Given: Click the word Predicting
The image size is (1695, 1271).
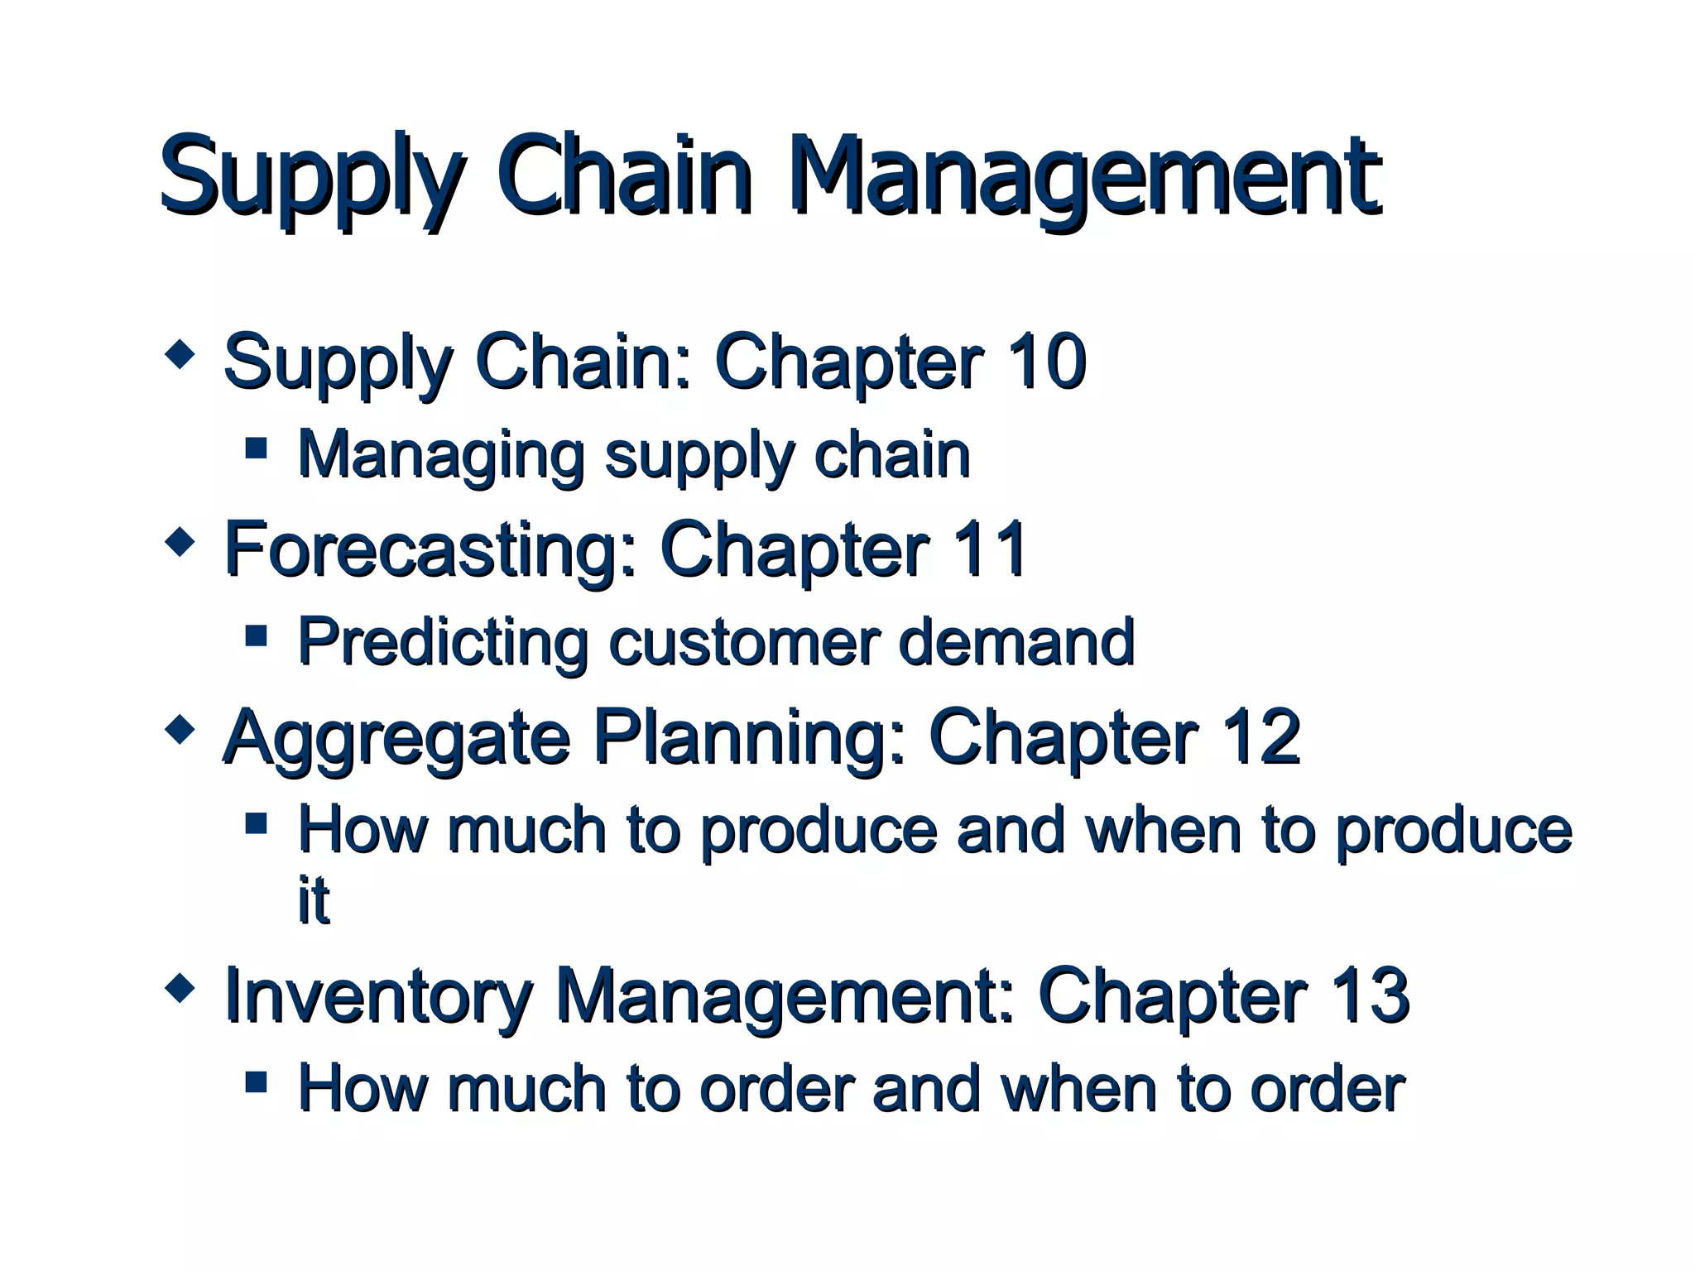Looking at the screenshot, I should pos(443,642).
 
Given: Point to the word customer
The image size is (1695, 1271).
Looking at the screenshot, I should pos(744,642).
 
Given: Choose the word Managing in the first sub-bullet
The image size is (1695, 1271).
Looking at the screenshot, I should pos(441,456).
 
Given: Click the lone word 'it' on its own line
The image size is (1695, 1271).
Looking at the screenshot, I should pos(314,899).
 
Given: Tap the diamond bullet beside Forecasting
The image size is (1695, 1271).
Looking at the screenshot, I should pos(180,543).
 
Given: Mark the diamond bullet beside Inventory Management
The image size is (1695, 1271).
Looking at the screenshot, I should pos(180,988).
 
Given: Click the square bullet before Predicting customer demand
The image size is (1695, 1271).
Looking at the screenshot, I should pos(257,635).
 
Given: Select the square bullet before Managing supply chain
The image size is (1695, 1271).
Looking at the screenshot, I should pos(257,448).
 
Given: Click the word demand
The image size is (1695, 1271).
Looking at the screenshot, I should pos(1016,642).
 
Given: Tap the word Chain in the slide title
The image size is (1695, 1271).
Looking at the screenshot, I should pos(624,176).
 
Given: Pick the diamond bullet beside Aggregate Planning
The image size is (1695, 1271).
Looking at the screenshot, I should pos(180,730).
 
